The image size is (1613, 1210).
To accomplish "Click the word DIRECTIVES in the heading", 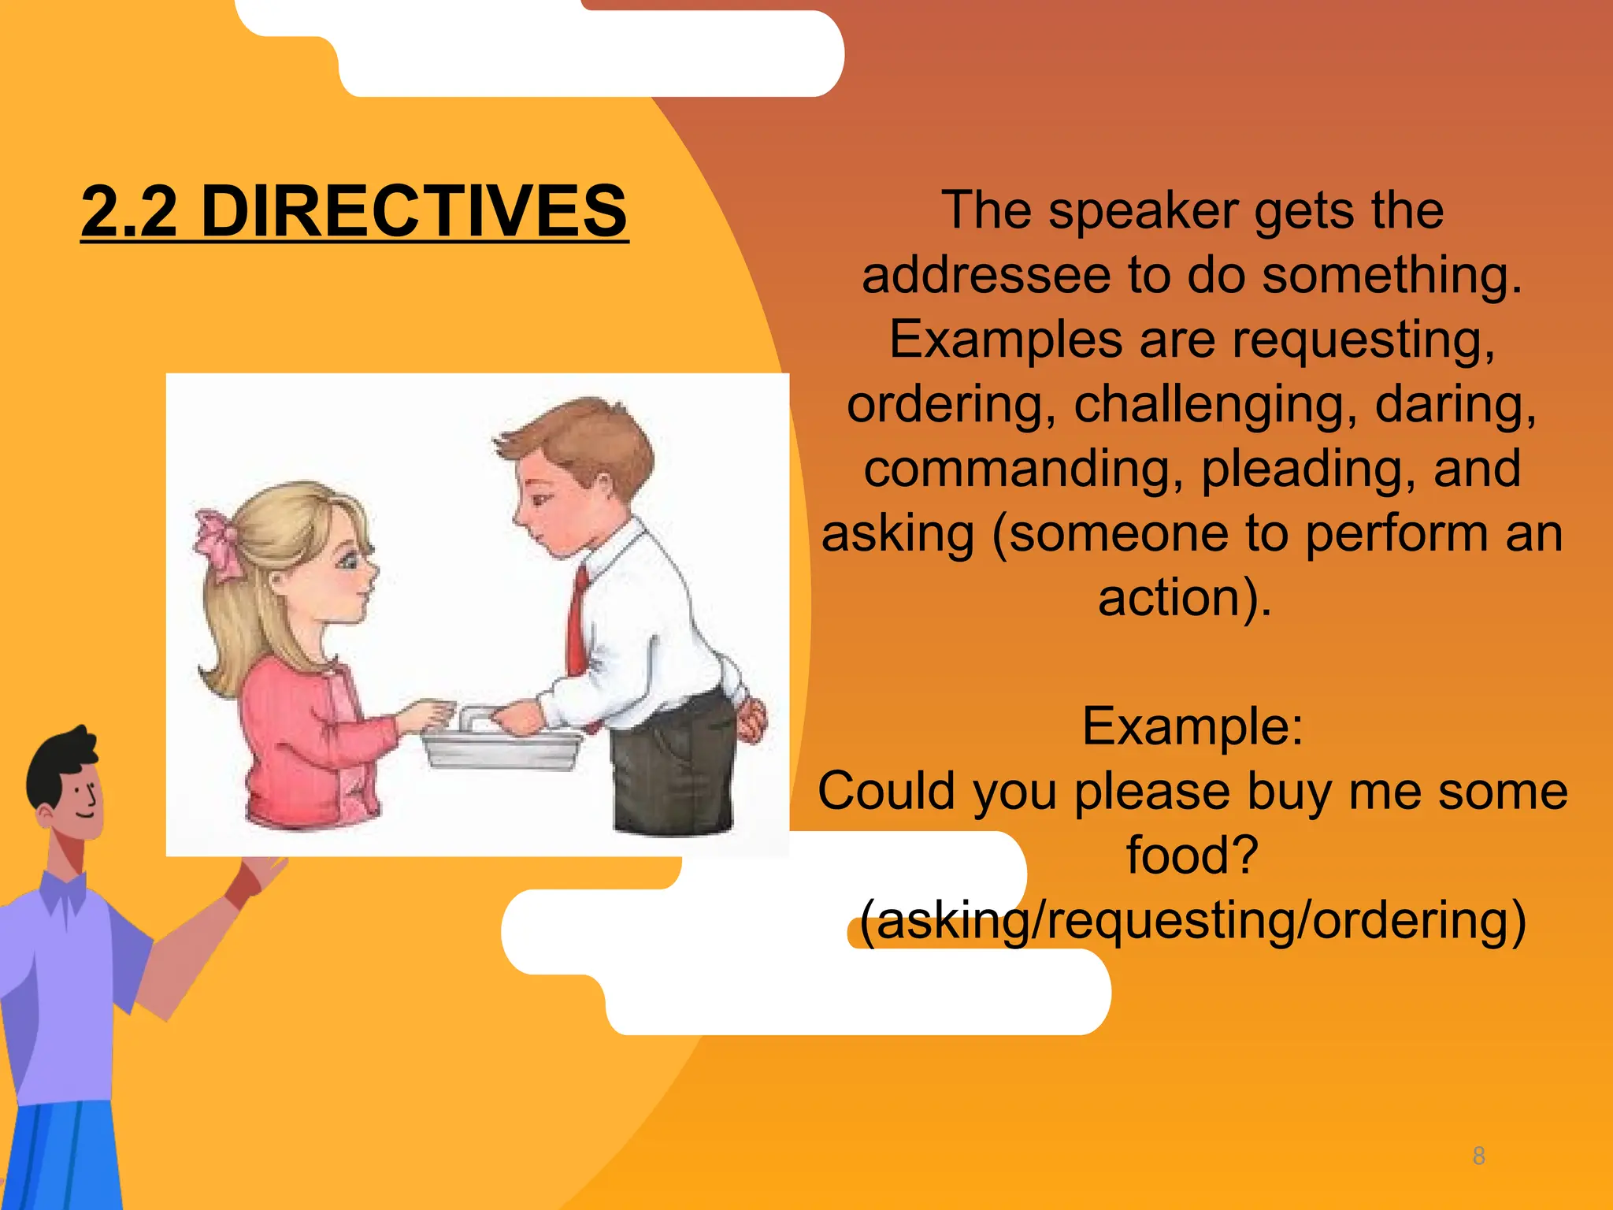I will coord(414,211).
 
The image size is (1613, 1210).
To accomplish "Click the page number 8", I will coord(1478,1156).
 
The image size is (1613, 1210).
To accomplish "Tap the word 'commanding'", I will coord(1025,469).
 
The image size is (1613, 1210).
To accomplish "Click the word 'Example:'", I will coord(1192,726).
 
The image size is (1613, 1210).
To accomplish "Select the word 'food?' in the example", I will coord(1192,855).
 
